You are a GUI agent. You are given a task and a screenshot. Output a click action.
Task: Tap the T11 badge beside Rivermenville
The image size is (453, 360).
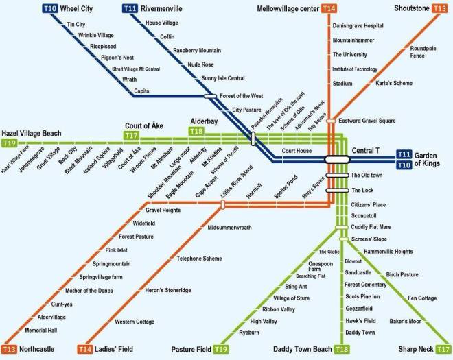click(x=131, y=9)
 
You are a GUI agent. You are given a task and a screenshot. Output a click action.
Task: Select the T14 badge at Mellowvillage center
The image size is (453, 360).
click(x=330, y=9)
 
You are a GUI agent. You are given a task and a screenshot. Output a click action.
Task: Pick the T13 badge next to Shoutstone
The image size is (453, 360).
click(x=440, y=9)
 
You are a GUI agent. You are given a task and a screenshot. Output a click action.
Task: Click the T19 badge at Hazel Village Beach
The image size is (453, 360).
click(x=9, y=143)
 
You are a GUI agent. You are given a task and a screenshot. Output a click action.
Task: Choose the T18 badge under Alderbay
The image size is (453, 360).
click(x=196, y=131)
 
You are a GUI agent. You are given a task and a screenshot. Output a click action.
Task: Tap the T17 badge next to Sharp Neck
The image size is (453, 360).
click(x=440, y=350)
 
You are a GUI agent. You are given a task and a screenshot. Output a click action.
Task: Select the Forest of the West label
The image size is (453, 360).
click(x=243, y=96)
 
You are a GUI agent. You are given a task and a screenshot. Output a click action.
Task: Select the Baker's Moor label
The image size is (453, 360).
click(x=405, y=320)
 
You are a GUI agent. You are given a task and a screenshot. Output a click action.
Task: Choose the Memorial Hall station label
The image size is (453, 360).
click(x=43, y=330)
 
